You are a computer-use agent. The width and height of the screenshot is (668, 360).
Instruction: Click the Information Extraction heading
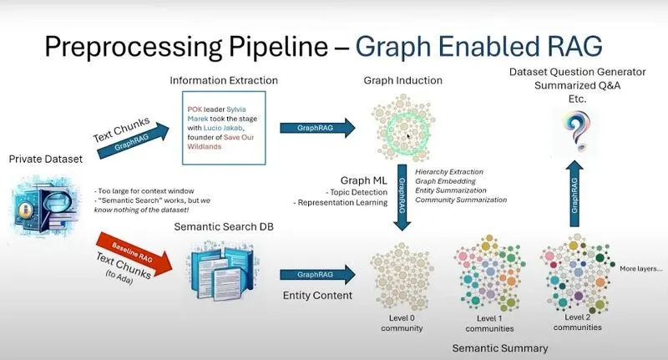tap(224, 81)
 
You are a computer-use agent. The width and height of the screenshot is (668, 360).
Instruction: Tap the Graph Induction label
tap(402, 81)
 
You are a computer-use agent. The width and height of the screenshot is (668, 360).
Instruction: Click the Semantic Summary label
tap(500, 347)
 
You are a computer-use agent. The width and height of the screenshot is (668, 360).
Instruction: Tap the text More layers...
tap(640, 270)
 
